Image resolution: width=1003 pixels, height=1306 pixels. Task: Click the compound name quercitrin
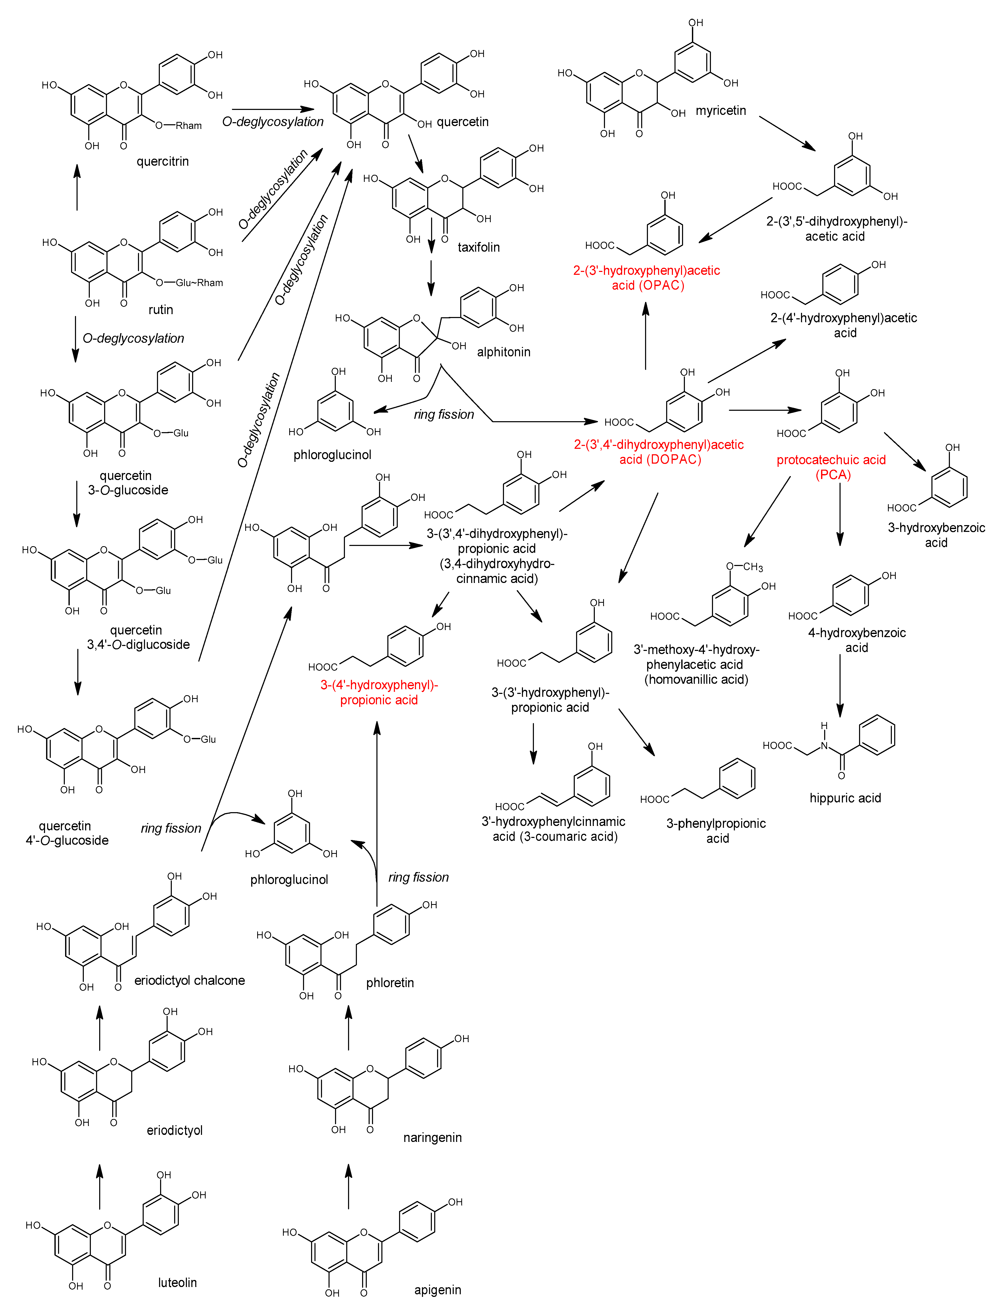pos(162,161)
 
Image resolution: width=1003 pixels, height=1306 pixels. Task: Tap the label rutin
pos(161,309)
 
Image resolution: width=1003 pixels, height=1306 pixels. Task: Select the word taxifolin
pos(478,247)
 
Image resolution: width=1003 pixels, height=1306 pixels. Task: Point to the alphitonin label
pos(503,352)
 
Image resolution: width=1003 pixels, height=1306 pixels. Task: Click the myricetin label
pos(721,110)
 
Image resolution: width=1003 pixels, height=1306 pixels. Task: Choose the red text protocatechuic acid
pos(831,460)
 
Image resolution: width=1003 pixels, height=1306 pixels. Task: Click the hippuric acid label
pos(845,798)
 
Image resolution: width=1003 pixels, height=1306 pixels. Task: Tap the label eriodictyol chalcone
pos(189,980)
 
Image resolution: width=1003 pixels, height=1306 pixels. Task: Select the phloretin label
pos(390,983)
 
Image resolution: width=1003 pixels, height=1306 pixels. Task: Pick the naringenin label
pos(432,1137)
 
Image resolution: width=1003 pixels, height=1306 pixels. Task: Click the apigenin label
pos(438,1290)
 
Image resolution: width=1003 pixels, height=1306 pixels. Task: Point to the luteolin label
pos(177,1283)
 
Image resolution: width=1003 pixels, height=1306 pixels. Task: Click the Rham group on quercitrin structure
pos(189,126)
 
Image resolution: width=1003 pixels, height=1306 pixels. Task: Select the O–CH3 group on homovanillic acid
pos(745,566)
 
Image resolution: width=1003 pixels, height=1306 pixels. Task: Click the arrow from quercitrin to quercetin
pos(273,109)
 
